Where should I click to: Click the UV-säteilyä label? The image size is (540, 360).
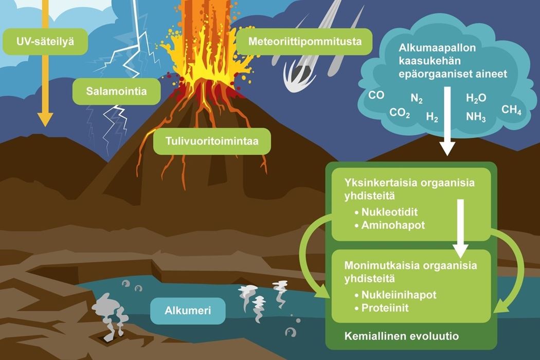(45, 42)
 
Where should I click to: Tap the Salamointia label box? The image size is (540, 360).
(116, 92)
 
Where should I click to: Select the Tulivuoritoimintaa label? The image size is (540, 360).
(212, 141)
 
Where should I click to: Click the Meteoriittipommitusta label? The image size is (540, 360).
(305, 42)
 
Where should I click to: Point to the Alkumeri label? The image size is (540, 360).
(188, 311)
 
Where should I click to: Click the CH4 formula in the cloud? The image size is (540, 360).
(511, 110)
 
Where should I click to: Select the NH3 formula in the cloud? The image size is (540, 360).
(476, 117)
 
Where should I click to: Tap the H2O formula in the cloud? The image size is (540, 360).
(476, 99)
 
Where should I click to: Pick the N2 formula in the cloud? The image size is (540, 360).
(417, 99)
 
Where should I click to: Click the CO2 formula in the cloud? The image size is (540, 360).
(400, 113)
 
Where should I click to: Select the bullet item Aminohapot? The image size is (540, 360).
(390, 225)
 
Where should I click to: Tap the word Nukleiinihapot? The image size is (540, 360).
(399, 295)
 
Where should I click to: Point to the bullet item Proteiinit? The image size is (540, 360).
(382, 308)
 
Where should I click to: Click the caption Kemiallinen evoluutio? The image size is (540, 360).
(402, 336)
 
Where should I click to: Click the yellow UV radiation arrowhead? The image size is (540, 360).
(45, 119)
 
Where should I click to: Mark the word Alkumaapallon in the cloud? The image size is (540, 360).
(437, 47)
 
